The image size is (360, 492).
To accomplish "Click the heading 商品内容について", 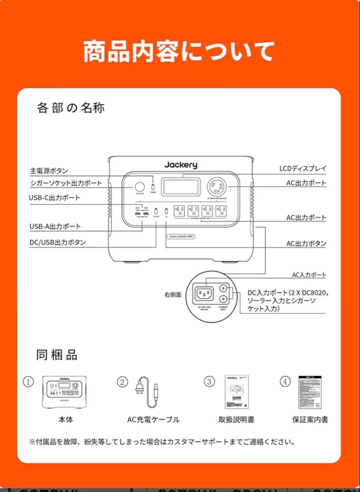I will tap(179, 51).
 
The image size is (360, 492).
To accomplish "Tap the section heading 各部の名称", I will tap(71, 108).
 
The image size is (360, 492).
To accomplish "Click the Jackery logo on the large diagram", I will tap(181, 165).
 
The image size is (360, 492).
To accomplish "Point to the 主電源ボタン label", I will tap(49, 171).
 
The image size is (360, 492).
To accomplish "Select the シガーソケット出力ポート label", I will tap(66, 183).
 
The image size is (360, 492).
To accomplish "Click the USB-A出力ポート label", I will tap(55, 226).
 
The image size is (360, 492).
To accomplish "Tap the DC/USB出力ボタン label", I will tap(57, 243).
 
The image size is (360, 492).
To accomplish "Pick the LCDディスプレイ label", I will tap(303, 169).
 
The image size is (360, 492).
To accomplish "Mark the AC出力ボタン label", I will tap(306, 244).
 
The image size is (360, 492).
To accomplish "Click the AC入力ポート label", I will tap(309, 275).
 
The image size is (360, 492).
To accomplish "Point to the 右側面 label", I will tap(173, 295).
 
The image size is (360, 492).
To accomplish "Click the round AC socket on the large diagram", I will tap(217, 187).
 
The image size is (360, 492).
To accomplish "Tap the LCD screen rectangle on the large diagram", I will tap(181, 187).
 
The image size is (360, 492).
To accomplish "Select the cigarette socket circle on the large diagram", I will tap(139, 187).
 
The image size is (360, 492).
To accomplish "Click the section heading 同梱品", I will tap(57, 355).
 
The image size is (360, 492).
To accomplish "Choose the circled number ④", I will tap(285, 382).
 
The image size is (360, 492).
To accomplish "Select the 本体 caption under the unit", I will tap(65, 420).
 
